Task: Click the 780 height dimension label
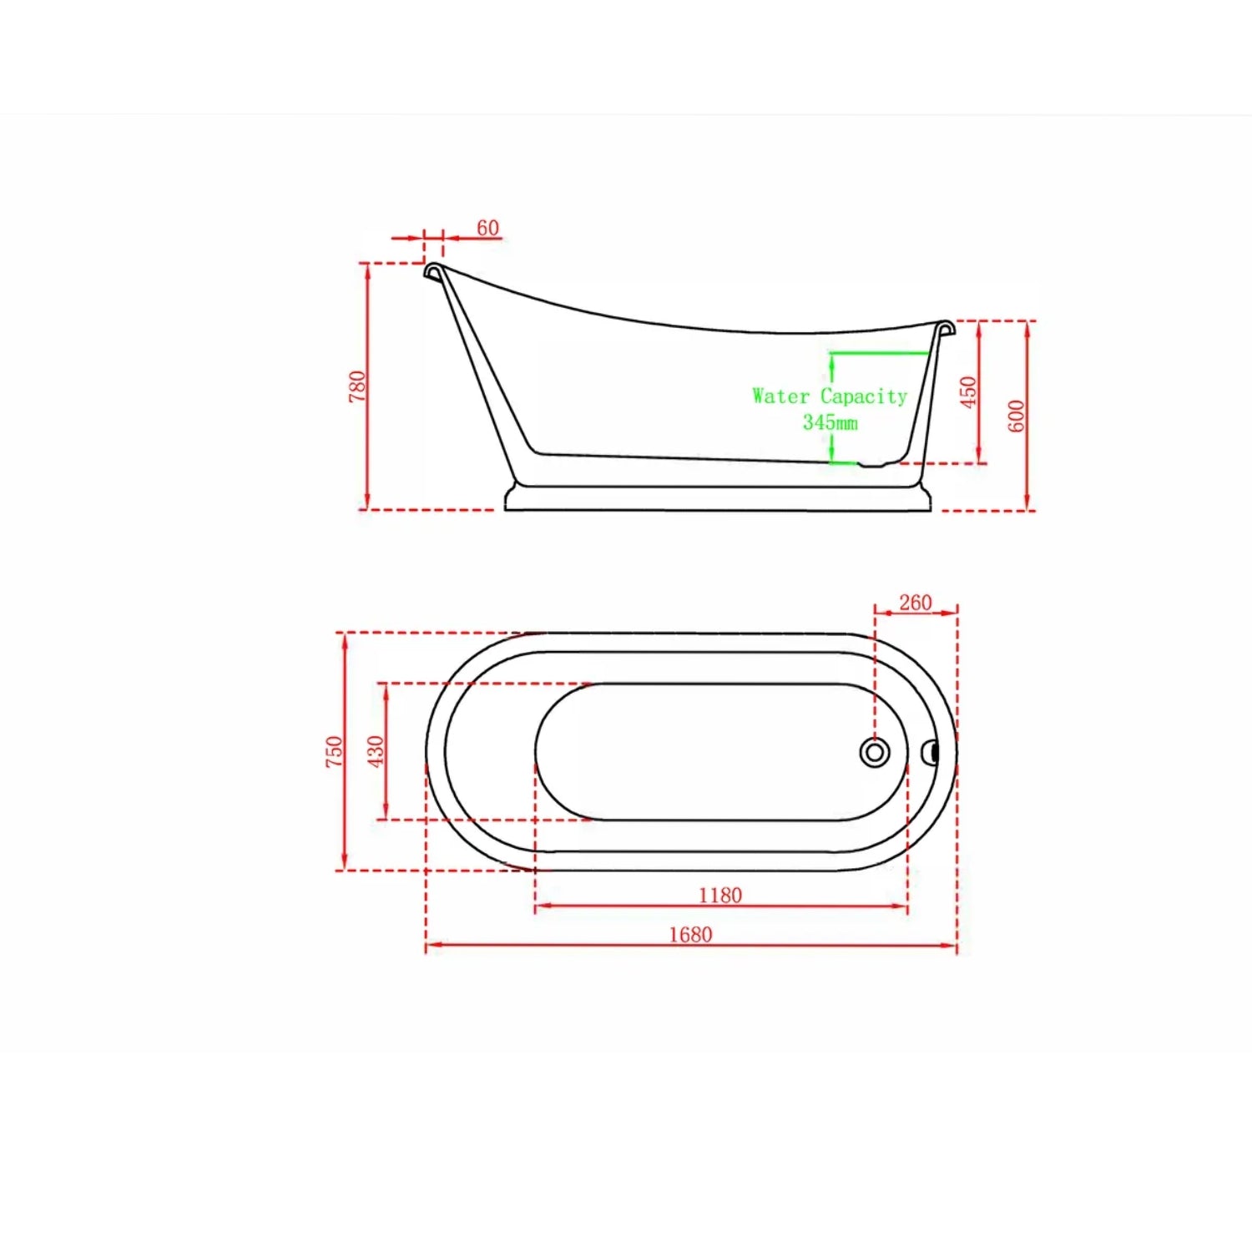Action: coord(357,386)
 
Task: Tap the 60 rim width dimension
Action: coord(487,228)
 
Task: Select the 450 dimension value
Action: coord(967,391)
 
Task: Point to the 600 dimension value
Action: coord(1016,416)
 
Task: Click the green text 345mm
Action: coord(830,422)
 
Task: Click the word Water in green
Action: coord(780,396)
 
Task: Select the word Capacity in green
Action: coord(863,396)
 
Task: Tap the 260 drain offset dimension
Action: coord(915,603)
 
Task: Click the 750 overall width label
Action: coord(334,751)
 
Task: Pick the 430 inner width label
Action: coord(376,751)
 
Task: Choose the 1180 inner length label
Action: coord(719,895)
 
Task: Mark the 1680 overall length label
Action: coord(690,934)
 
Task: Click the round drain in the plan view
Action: coord(874,753)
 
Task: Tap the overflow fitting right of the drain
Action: coord(930,753)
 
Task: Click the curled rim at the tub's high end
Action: coord(433,270)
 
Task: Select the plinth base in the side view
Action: coord(718,498)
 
